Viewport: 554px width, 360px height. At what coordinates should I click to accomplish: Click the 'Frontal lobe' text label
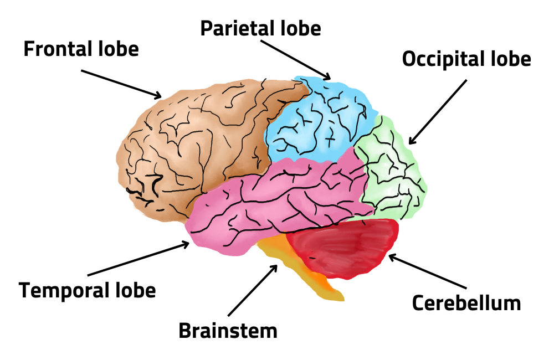click(x=81, y=49)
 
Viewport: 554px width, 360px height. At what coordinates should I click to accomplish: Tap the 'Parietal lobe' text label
click(x=260, y=28)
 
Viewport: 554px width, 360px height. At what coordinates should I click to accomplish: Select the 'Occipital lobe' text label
click(x=466, y=59)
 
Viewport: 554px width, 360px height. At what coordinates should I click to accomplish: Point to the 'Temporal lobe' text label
click(x=88, y=290)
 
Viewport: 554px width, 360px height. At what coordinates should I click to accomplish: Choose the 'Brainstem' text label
click(x=228, y=331)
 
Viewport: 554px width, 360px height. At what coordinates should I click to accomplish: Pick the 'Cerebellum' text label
click(x=466, y=302)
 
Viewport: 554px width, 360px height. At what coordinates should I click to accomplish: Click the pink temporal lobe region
click(x=277, y=205)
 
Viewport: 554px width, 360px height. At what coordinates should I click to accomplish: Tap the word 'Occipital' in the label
click(x=443, y=59)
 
